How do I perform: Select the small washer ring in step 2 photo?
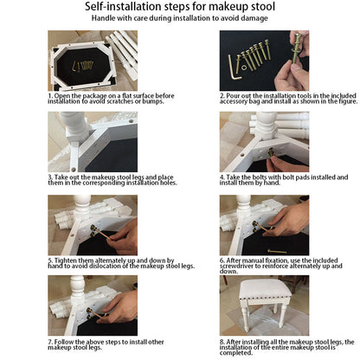pyautogui.click(x=244, y=67)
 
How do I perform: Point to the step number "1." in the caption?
pyautogui.click(x=50, y=96)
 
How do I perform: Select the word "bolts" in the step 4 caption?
pyautogui.click(x=259, y=177)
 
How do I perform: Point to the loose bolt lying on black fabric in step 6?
pyautogui.click(x=277, y=251)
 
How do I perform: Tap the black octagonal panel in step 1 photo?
pyautogui.click(x=83, y=67)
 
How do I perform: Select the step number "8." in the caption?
pyautogui.click(x=222, y=342)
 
